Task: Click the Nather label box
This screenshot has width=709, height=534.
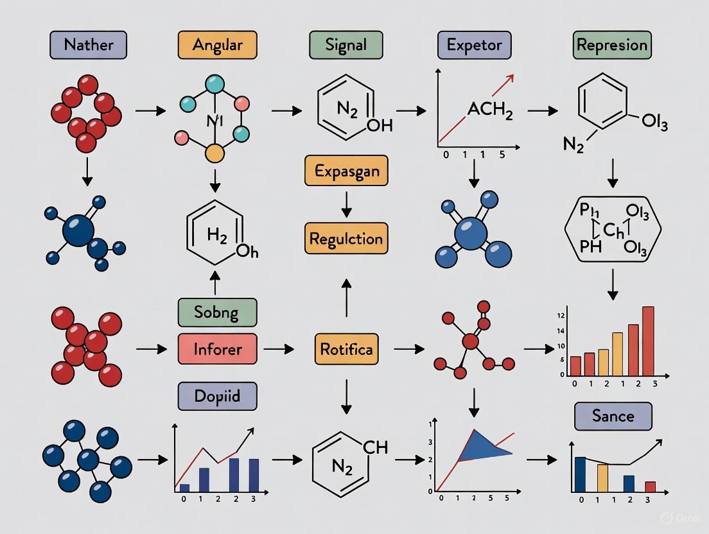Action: coord(88,46)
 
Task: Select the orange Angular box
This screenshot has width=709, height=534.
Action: coord(216,46)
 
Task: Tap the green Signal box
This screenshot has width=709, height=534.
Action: coord(346,46)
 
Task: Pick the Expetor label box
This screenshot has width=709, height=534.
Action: coord(475,46)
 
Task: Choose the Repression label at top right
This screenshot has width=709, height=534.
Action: coord(611,46)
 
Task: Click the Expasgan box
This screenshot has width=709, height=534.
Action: coord(346,171)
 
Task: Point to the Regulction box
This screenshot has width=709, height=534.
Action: coord(346,239)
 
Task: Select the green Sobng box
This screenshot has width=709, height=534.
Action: coord(216,313)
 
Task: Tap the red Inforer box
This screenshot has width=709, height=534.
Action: coord(216,349)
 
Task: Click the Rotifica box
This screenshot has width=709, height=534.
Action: coord(347,349)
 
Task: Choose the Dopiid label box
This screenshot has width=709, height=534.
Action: coord(216,395)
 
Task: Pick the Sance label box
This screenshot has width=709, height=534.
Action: coord(613,416)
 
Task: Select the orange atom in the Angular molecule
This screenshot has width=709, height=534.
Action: coord(214,153)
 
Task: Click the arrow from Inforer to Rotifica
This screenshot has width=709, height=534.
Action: coord(279,349)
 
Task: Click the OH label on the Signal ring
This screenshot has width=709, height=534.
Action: coord(379,126)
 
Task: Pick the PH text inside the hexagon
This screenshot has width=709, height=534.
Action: coord(590,245)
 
